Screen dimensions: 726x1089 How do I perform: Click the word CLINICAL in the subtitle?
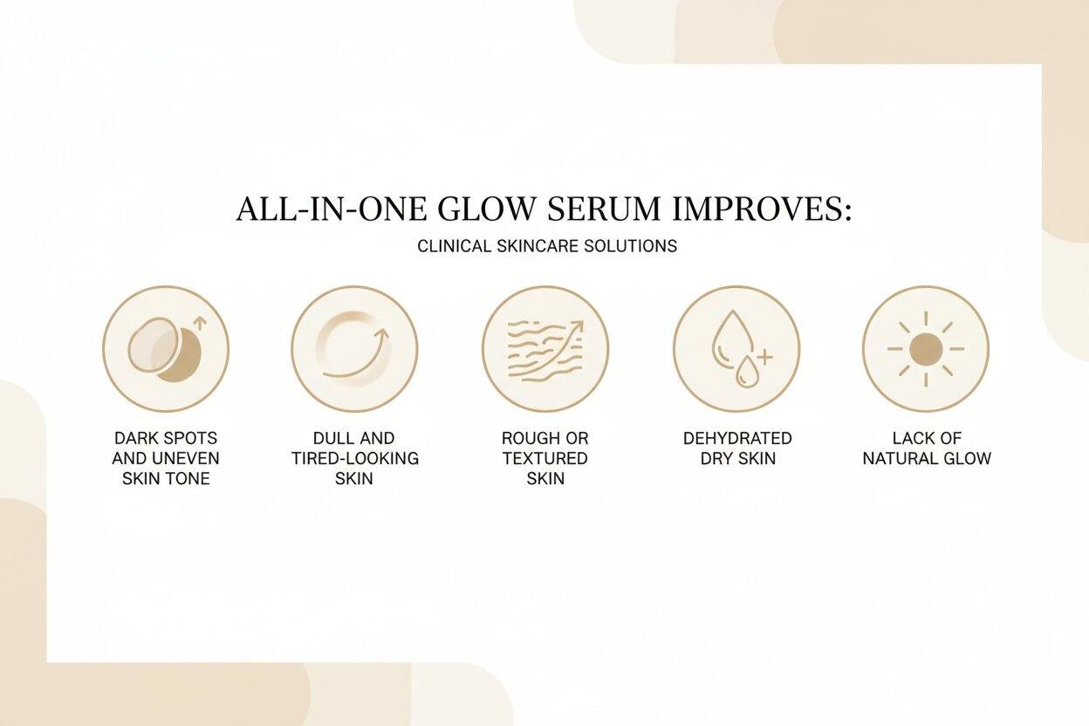tap(454, 246)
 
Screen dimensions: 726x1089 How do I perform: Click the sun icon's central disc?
tap(925, 349)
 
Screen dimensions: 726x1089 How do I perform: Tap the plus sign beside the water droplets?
tap(764, 356)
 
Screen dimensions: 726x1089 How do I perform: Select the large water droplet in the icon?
tap(727, 335)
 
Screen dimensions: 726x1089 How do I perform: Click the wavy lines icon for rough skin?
tap(543, 349)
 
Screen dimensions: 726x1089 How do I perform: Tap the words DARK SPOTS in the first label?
tap(166, 438)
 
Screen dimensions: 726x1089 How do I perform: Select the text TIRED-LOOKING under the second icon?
tap(354, 458)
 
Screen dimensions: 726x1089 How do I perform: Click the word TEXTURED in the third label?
tap(544, 458)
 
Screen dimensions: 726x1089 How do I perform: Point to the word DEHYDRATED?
tap(737, 438)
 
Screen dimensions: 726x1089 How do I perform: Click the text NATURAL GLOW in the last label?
tap(927, 458)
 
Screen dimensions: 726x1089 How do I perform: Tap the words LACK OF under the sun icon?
tap(927, 438)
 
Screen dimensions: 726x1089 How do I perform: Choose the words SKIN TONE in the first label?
tap(166, 478)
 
